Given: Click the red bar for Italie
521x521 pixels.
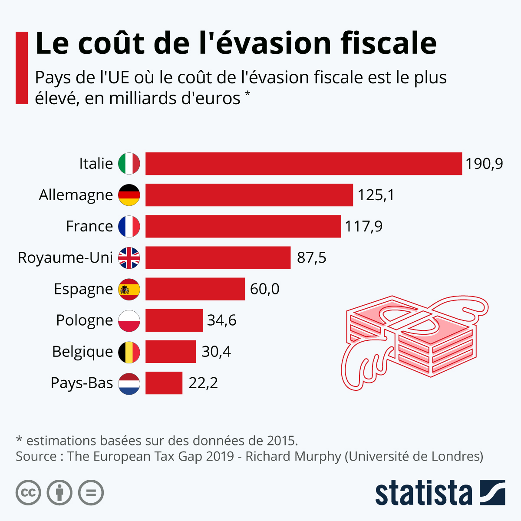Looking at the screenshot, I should (x=303, y=164).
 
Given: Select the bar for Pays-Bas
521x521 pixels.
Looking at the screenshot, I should (x=164, y=383).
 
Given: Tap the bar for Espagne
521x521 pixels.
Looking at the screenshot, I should (x=195, y=289).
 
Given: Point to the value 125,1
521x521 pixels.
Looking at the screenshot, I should (x=376, y=195).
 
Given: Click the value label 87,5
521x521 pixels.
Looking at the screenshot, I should (x=311, y=258).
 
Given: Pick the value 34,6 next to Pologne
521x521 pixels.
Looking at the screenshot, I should (x=221, y=320).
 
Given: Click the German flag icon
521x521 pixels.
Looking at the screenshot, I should (x=129, y=195).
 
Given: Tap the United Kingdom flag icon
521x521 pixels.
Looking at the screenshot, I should (x=129, y=258).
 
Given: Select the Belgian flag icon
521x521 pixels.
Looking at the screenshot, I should (x=129, y=352).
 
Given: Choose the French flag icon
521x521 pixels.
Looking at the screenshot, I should (x=129, y=226).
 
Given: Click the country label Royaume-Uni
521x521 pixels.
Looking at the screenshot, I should (x=65, y=258).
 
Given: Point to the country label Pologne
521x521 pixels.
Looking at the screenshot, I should (x=85, y=320).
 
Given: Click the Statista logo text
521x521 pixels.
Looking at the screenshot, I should (x=423, y=493).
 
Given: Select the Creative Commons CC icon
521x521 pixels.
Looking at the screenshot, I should (x=28, y=493).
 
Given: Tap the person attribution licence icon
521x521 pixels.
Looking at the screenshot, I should (x=59, y=493).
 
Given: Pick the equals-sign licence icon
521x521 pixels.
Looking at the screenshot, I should (x=91, y=493).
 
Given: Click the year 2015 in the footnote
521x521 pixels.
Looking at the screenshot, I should (x=281, y=441).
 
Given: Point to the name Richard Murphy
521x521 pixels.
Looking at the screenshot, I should (x=293, y=456).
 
